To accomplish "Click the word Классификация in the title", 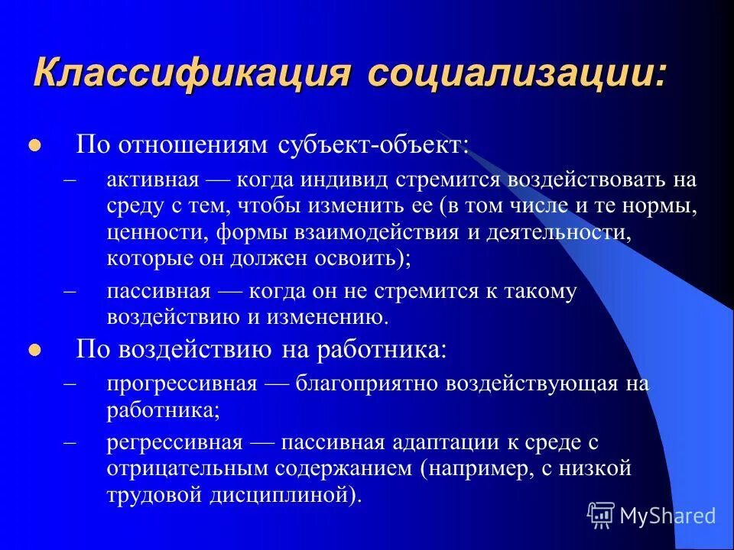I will tap(193, 75).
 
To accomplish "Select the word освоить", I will tap(362, 257).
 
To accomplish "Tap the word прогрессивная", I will tap(182, 383).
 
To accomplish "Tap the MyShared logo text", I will tap(667, 516).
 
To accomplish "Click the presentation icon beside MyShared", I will tap(602, 516).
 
